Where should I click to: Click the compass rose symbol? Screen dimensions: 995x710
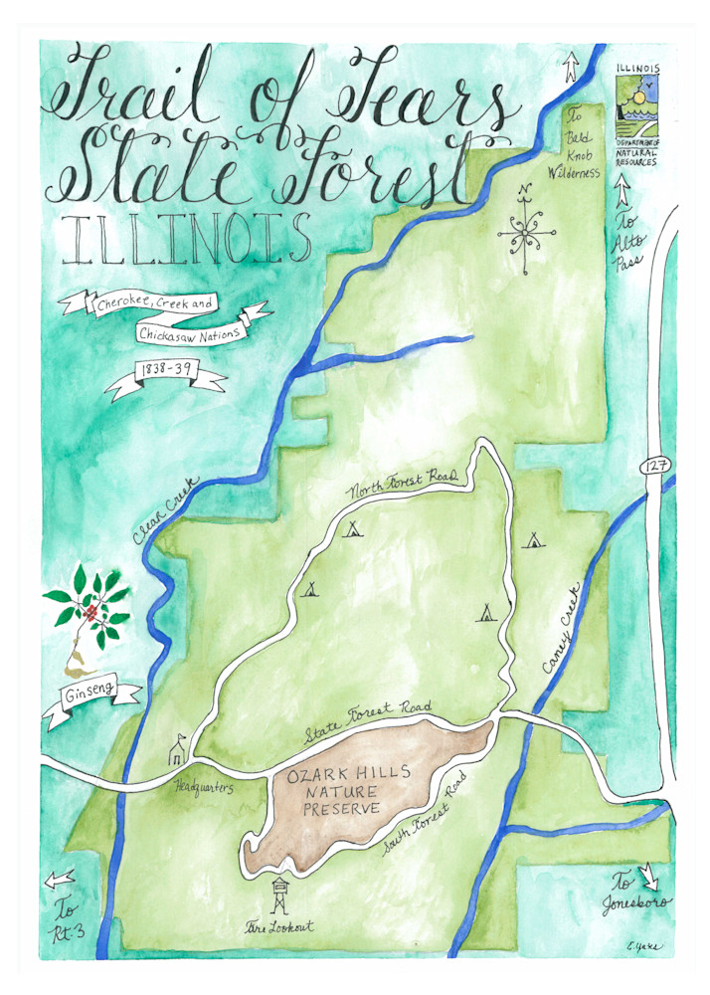coord(526,235)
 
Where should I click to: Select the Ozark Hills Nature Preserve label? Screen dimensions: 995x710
coord(334,793)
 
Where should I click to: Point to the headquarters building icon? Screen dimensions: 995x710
coord(177,751)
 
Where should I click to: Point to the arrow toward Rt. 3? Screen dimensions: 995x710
coord(61,877)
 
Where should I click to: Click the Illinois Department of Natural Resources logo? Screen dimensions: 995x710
coord(636,110)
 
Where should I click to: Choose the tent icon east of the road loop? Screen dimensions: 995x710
coord(533,541)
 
